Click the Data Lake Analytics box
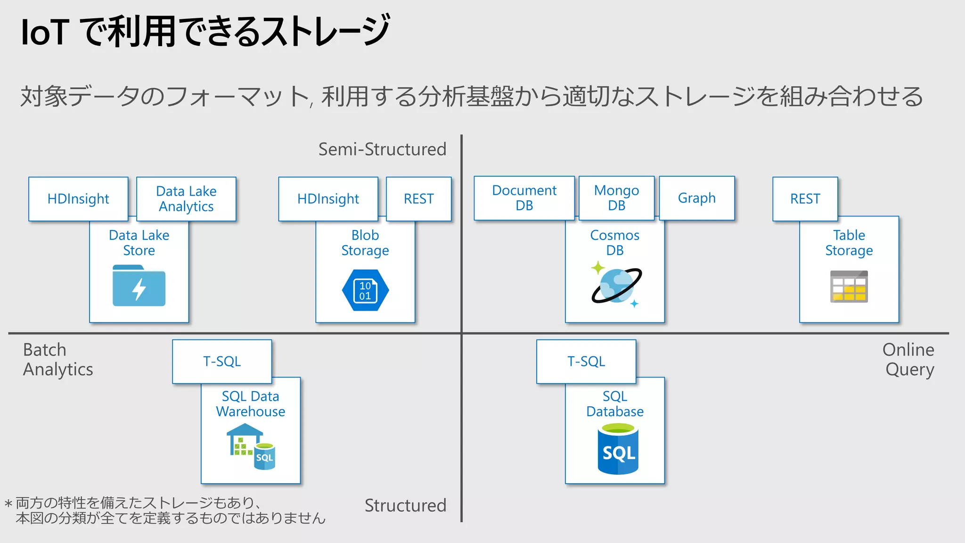point(186,199)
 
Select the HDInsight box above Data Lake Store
point(78,199)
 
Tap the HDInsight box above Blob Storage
point(328,199)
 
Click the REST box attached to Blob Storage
point(418,199)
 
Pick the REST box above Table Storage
point(805,199)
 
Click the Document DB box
point(524,198)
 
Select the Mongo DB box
point(616,198)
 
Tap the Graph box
point(696,198)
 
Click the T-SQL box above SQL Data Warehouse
point(222,362)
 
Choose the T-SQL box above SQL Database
point(586,362)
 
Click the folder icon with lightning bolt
point(139,286)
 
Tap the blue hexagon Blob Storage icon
point(365,290)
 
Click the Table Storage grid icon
point(849,287)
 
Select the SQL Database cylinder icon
point(618,449)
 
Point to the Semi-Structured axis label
point(382,149)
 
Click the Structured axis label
point(405,505)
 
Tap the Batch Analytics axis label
point(58,360)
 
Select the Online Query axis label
point(908,360)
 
